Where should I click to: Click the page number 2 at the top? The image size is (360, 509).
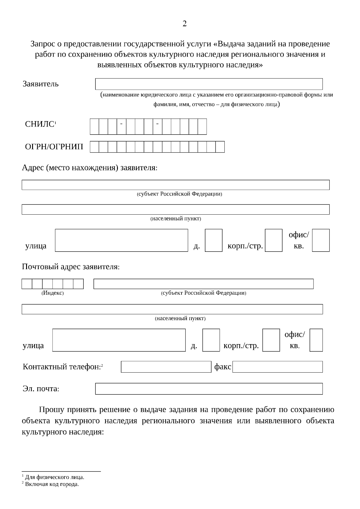click(184, 24)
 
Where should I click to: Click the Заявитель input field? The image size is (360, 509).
click(209, 84)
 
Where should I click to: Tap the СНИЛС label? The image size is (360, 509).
click(40, 124)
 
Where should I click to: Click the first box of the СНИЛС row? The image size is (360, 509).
click(94, 127)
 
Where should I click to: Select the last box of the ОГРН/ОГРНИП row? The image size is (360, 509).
click(220, 147)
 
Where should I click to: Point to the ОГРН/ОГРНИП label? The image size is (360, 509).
click(54, 147)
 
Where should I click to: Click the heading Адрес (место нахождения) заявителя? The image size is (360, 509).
click(89, 168)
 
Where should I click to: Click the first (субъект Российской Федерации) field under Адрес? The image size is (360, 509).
click(175, 185)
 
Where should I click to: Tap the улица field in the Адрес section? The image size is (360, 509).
click(121, 240)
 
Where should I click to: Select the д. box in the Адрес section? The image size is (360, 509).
click(214, 240)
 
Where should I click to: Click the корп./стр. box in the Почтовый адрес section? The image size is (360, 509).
click(271, 340)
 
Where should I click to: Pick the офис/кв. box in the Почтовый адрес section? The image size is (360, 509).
click(316, 340)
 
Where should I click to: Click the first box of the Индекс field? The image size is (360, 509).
click(27, 284)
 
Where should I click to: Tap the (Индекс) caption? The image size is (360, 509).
click(52, 293)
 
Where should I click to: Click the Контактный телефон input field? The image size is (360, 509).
click(166, 367)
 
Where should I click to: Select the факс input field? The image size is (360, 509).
click(277, 367)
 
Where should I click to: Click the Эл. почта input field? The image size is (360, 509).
click(209, 389)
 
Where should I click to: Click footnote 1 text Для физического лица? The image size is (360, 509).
click(54, 477)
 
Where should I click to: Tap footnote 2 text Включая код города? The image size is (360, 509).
click(52, 484)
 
